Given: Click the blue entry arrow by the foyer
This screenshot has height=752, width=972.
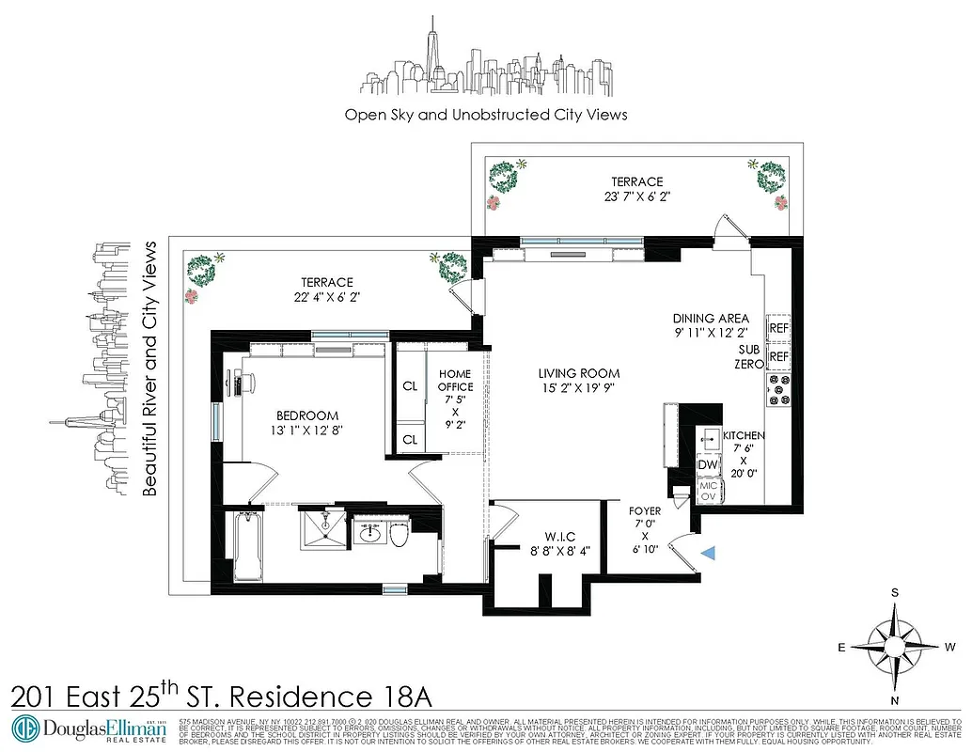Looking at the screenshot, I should tap(710, 555).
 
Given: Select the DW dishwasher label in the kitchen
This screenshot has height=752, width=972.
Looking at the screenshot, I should tap(706, 463).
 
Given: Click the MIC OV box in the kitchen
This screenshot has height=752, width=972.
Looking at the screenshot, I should tap(709, 491).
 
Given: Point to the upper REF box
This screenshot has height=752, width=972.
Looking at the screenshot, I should tap(778, 329).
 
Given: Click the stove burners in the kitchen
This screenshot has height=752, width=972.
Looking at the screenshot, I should tap(779, 389).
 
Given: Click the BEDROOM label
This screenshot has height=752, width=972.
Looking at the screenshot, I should tap(306, 415).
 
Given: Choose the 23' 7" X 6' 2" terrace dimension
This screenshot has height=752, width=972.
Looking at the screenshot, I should tap(636, 197).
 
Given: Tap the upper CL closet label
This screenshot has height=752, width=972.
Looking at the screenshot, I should tap(410, 385).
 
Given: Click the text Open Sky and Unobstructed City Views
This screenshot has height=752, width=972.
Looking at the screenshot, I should tap(485, 115).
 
